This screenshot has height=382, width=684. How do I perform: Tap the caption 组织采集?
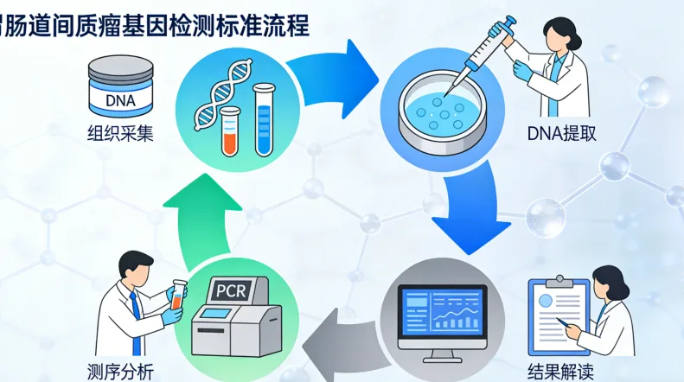[119, 134]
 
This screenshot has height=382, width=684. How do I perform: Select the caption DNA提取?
[561, 134]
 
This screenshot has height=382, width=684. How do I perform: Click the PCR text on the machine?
[230, 290]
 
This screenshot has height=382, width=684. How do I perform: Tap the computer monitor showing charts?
[441, 316]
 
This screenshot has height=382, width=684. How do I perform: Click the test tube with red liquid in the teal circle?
[230, 130]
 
